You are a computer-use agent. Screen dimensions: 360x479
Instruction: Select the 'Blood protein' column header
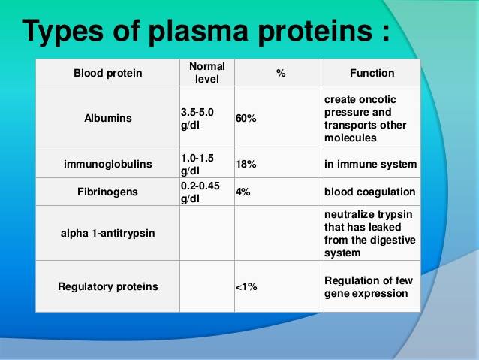pos(107,73)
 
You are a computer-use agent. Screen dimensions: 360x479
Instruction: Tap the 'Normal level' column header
pos(206,72)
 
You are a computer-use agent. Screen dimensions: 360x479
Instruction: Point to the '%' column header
pos(279,73)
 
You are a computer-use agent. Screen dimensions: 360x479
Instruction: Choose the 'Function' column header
pos(372,73)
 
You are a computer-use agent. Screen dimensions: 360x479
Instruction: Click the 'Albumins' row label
pos(107,118)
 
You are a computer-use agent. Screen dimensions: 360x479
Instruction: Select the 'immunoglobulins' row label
pos(107,164)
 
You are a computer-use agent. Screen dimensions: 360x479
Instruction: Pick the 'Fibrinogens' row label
pos(107,192)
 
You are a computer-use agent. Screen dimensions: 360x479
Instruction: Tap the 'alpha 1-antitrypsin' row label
pos(107,233)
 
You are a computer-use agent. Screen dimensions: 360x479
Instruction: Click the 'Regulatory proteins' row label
pos(107,286)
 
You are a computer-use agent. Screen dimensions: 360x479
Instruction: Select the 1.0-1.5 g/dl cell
pos(198,164)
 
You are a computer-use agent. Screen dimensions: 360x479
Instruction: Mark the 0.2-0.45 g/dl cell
pos(200,192)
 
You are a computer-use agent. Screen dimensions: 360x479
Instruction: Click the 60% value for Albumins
pos(246,118)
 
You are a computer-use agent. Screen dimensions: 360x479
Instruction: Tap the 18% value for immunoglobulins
pos(246,164)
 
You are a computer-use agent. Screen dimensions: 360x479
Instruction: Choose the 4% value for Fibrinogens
pos(243,192)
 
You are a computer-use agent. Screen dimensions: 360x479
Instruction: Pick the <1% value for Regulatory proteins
pos(246,286)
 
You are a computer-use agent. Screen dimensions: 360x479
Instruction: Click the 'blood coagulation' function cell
pos(369,192)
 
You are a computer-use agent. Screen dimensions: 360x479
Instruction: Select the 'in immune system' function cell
pos(370,164)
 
